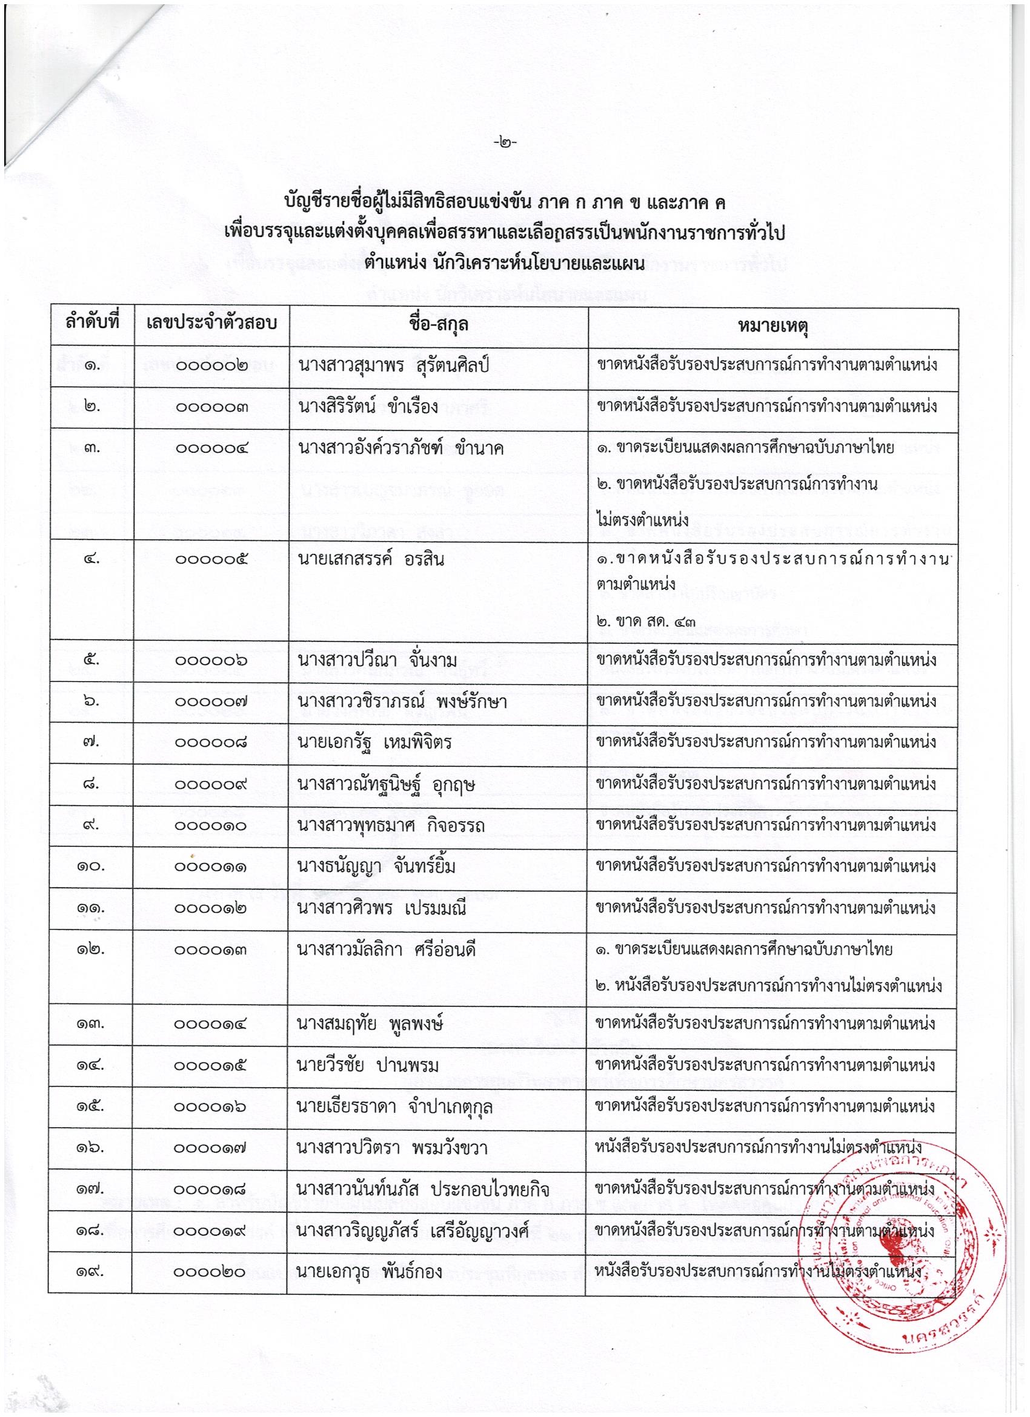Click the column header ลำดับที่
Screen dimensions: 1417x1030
[91, 325]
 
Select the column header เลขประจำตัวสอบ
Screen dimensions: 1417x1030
[211, 325]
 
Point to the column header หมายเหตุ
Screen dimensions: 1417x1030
[772, 325]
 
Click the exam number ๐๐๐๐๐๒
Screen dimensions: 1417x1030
[210, 367]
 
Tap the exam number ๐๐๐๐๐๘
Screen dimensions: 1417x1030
[210, 743]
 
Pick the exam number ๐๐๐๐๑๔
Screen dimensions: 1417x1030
[210, 1024]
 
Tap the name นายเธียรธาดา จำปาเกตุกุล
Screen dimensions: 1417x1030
[395, 1107]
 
